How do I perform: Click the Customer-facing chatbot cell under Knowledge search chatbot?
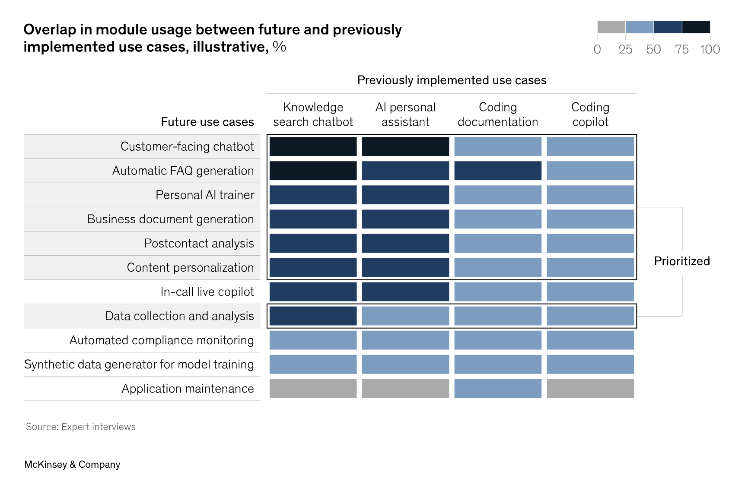coord(313,146)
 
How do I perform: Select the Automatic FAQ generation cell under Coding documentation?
coord(498,171)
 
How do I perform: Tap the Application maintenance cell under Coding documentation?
coord(498,388)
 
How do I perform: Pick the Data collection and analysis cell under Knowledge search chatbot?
coord(313,316)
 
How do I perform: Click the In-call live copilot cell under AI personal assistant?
coord(405,292)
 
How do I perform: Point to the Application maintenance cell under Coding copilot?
coord(590,388)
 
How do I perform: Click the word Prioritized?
coord(681,261)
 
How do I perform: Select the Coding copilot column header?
coord(590,114)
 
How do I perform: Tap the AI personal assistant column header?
coord(405,114)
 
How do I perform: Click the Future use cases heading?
coord(207,122)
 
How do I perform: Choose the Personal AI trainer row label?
coord(205,195)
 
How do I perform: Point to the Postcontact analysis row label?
coord(199,243)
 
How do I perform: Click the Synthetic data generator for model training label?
coord(139,364)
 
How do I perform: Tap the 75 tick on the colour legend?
coord(681,49)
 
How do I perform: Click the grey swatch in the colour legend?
coord(611,27)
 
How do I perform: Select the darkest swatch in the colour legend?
coord(696,27)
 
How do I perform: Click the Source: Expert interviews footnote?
coord(81,427)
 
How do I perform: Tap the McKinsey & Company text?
coord(72,464)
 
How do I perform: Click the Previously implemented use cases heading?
coord(452,80)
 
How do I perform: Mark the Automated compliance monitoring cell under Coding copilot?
coord(590,340)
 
